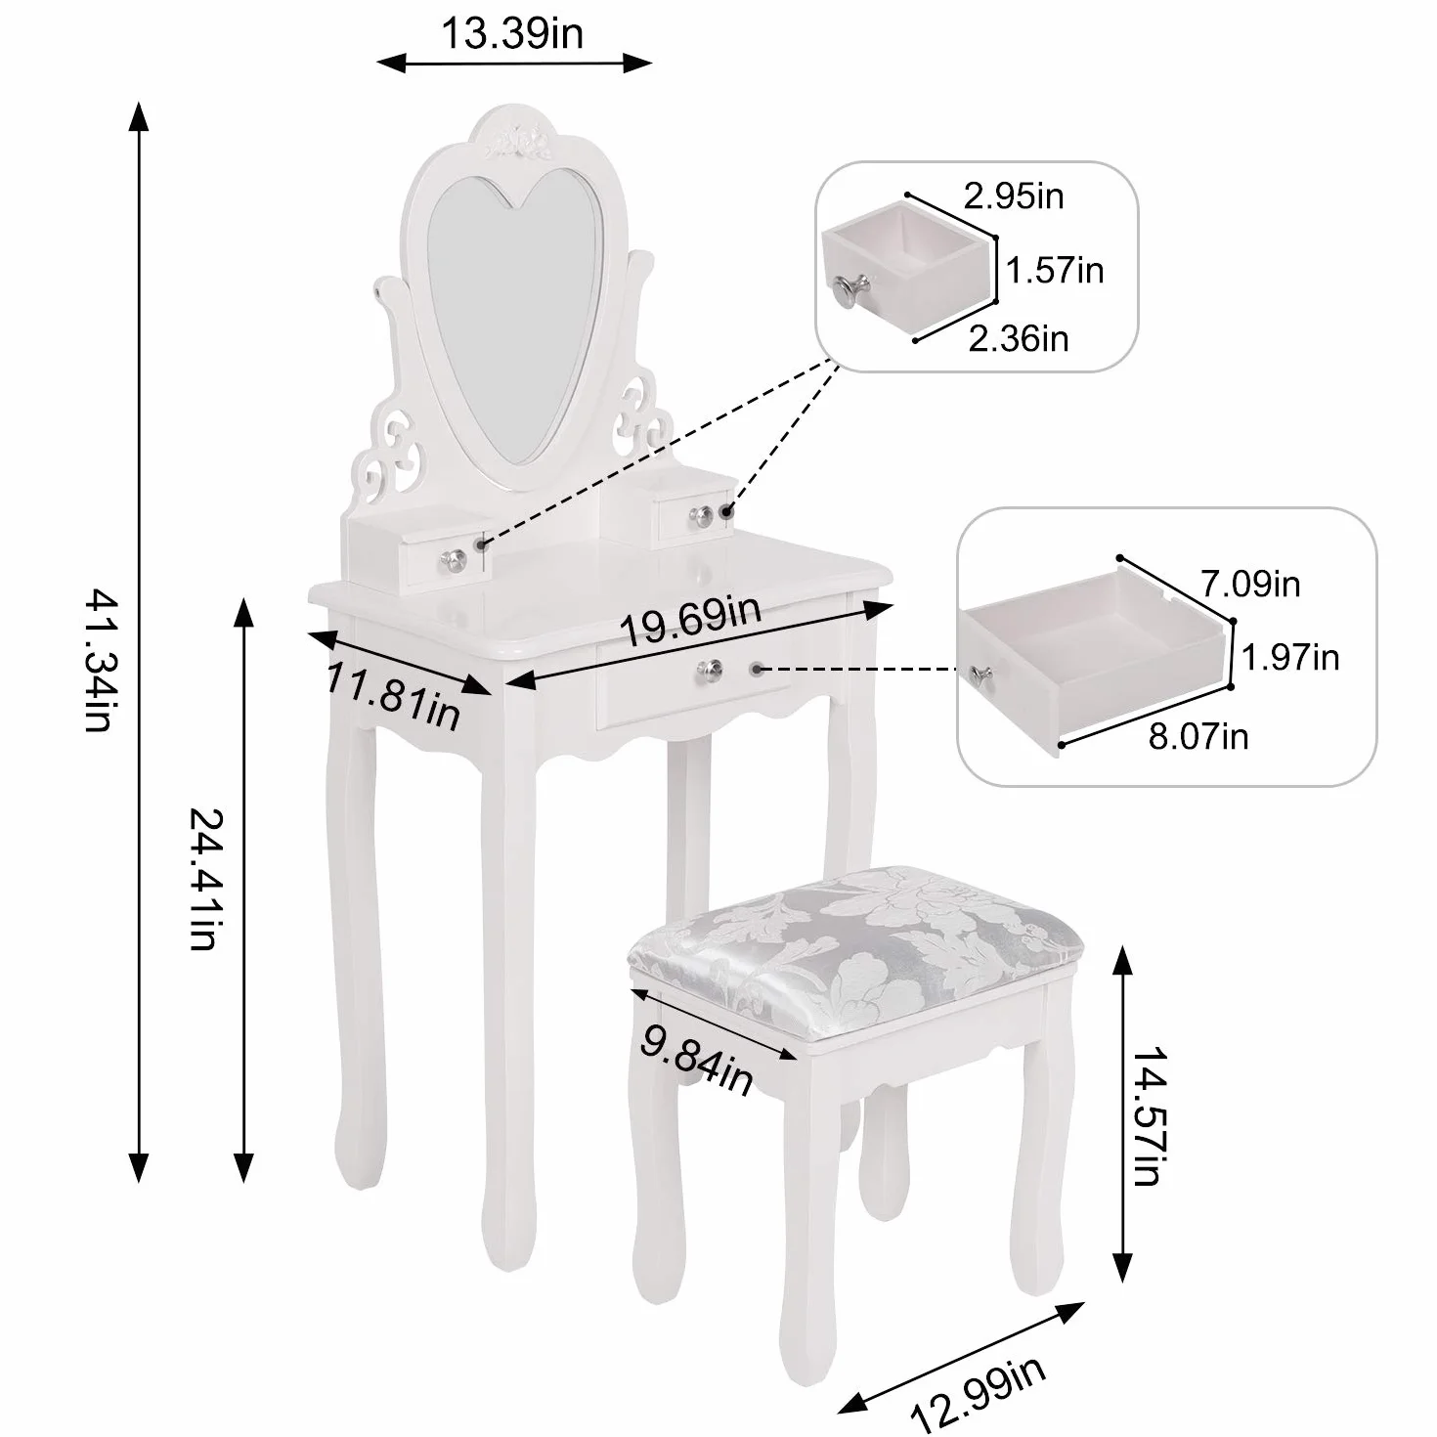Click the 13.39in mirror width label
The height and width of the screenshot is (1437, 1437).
tap(512, 33)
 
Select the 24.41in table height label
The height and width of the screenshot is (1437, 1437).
tap(203, 879)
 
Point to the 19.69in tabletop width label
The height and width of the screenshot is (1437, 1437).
tap(690, 620)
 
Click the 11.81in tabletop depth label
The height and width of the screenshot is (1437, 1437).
tap(393, 697)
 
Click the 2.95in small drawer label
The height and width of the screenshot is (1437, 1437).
tap(1014, 196)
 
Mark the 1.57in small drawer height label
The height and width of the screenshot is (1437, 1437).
tap(1055, 270)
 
